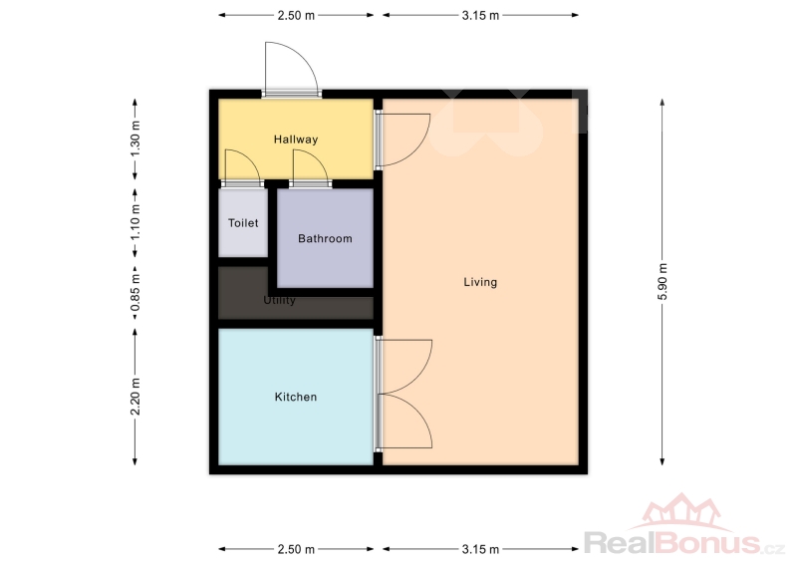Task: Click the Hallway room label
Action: point(296,140)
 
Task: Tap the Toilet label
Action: point(243,223)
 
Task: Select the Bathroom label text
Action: point(325,238)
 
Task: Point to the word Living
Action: point(480,282)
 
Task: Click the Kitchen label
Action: point(296,397)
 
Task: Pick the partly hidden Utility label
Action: point(279,300)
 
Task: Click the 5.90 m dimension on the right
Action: point(663,282)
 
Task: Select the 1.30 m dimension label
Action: point(135,140)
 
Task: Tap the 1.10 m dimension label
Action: point(135,223)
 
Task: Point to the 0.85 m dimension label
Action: point(135,293)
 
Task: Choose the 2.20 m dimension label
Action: point(135,397)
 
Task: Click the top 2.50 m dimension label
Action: point(296,16)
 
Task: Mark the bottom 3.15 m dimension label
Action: point(480,549)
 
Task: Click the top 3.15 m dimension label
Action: point(480,16)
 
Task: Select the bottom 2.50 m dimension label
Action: point(296,549)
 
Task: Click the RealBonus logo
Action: point(684,525)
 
